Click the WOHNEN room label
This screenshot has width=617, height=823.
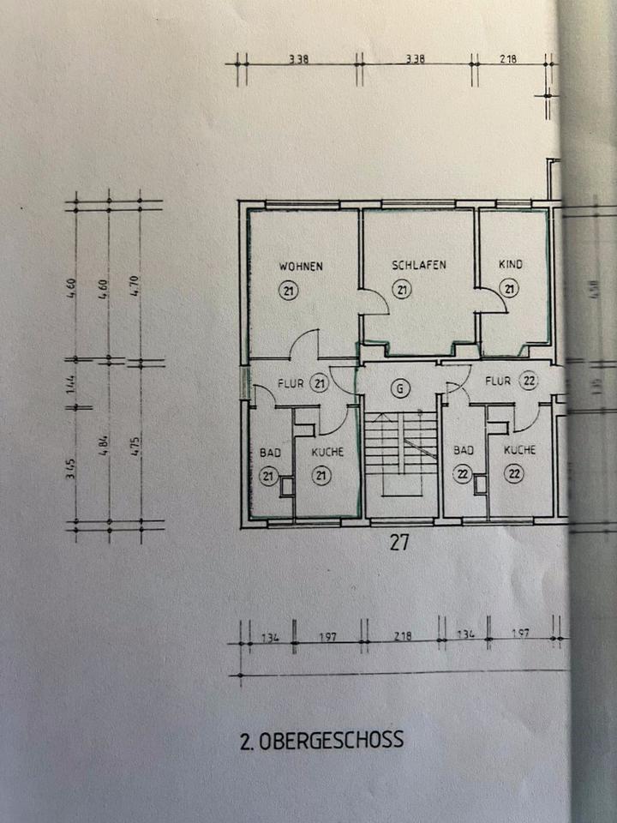click(301, 266)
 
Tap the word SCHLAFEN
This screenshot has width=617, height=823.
click(419, 265)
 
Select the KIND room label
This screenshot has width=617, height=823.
click(511, 265)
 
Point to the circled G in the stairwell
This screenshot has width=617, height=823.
click(398, 388)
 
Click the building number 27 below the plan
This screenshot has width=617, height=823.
click(399, 542)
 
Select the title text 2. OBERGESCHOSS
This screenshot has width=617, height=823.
click(321, 739)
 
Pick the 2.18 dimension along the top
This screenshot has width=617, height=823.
click(509, 59)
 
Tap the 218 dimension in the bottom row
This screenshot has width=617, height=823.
click(402, 635)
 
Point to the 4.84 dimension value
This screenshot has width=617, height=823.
click(104, 447)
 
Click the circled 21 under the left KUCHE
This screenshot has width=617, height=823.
click(321, 474)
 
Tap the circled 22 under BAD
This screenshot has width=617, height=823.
click(463, 474)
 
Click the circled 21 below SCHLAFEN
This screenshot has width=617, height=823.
click(403, 291)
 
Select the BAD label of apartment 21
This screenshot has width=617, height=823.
click(271, 451)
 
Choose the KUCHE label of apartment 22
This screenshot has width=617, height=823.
click(520, 450)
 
